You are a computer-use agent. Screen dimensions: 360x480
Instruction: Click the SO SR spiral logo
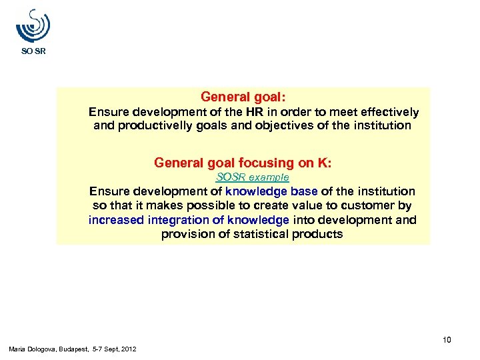(33, 26)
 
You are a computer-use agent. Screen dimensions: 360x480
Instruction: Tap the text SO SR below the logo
(33, 51)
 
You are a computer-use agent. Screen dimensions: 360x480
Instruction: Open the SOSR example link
(252, 177)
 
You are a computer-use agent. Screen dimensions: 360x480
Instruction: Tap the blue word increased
(116, 220)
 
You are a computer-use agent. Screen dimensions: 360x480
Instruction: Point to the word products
(322, 234)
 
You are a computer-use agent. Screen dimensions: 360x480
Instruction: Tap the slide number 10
(447, 341)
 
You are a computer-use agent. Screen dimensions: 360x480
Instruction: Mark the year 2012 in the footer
(129, 349)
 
